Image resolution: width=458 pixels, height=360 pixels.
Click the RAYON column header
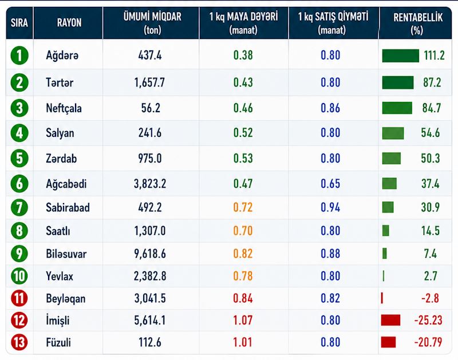click(69, 23)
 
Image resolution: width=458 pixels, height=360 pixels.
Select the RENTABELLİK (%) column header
click(418, 23)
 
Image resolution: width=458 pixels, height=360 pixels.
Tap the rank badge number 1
click(19, 56)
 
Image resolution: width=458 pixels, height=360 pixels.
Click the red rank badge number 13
click(19, 342)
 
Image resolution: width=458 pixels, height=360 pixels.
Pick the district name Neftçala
click(64, 108)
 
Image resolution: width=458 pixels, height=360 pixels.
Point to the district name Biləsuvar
click(66, 254)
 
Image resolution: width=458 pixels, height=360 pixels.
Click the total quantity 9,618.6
click(150, 254)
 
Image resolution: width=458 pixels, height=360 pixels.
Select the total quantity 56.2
click(151, 108)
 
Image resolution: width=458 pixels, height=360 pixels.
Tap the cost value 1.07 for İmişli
click(243, 321)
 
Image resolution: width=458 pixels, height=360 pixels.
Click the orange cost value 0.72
click(243, 207)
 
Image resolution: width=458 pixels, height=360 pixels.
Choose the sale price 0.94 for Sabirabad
click(330, 207)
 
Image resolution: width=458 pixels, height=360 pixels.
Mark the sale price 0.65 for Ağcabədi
click(330, 184)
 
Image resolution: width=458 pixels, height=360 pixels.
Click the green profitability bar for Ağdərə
click(400, 56)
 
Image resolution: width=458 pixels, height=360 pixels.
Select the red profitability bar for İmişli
click(390, 320)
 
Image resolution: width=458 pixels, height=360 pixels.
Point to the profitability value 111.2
click(435, 56)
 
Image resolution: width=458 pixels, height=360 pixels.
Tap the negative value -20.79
click(428, 342)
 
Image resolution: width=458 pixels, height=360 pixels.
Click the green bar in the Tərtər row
click(398, 82)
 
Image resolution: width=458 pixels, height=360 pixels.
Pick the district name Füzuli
click(58, 342)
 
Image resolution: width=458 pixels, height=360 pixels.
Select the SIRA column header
click(19, 23)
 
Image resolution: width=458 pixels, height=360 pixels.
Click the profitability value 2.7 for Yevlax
click(431, 276)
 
